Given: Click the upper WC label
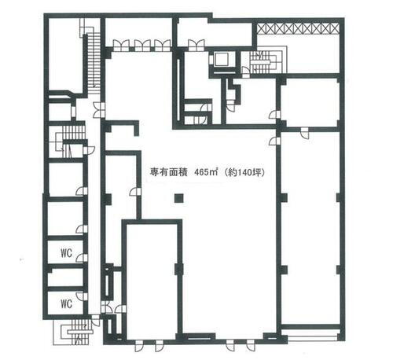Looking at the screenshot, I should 66,253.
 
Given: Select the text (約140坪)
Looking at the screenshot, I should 243,172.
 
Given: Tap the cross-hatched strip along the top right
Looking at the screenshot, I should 299,28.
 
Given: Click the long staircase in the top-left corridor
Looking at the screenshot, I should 91,55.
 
